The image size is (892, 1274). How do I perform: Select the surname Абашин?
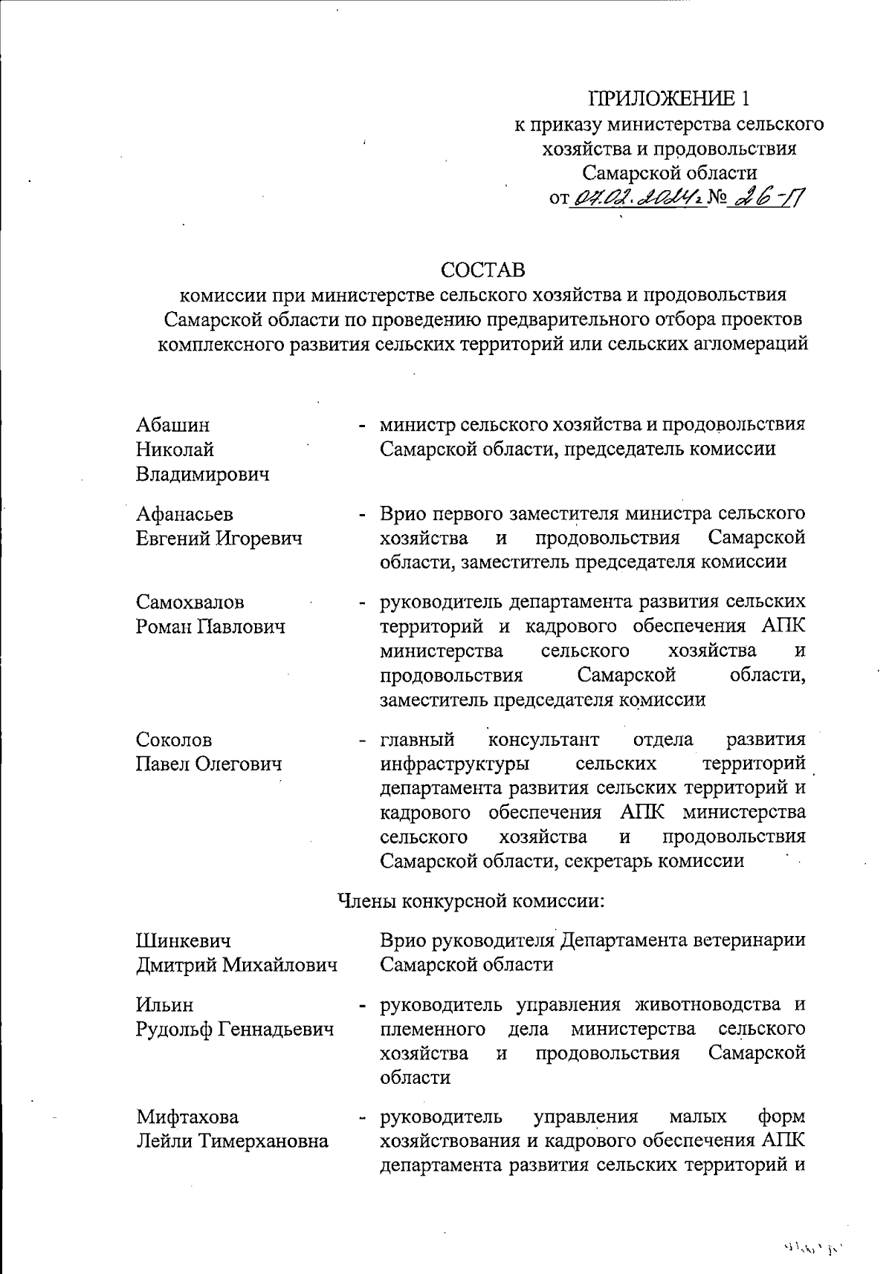pos(172,425)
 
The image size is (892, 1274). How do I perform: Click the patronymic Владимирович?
pos(202,474)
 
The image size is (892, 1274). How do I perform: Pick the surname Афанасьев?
pos(184,513)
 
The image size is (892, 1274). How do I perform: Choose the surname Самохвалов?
pos(190,602)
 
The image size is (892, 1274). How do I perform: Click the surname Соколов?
pos(174,739)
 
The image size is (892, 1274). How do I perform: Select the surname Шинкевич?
pos(183,940)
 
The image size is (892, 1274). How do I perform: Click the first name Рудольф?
pos(173,1030)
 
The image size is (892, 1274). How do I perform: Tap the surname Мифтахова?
pos(187,1117)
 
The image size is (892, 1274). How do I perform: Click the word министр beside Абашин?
pos(416,425)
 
